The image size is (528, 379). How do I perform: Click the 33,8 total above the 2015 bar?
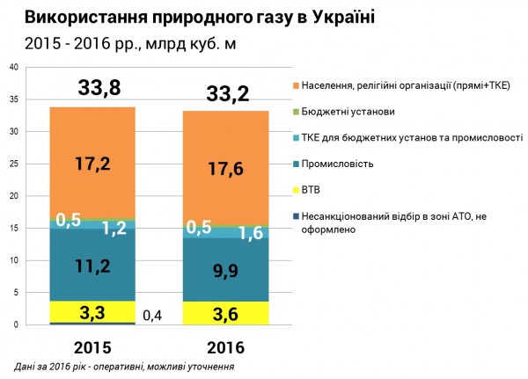tap(92, 88)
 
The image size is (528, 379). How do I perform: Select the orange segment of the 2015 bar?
tap(92, 163)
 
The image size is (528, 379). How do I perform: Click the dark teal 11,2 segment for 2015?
tap(92, 266)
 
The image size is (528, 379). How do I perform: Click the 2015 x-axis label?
tap(92, 345)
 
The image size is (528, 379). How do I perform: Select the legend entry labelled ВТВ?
tap(312, 189)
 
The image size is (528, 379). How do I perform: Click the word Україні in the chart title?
tap(329, 17)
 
